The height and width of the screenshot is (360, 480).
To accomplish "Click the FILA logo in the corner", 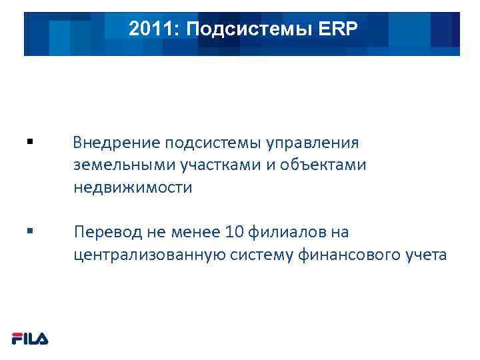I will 30,339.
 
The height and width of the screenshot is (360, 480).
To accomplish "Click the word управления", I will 313,143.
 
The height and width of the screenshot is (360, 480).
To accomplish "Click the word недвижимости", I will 133,187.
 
